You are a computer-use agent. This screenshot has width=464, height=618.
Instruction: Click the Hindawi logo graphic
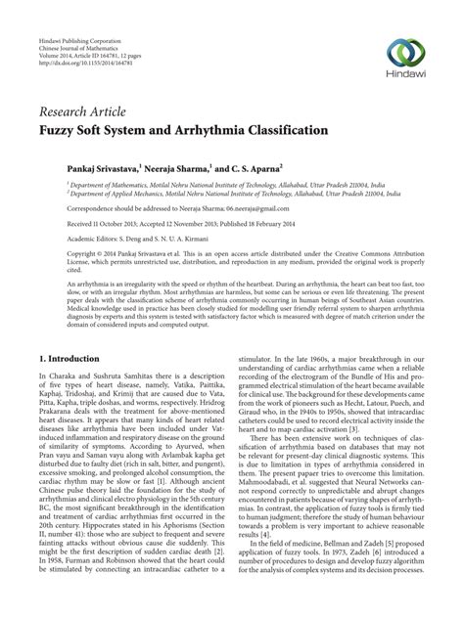point(405,51)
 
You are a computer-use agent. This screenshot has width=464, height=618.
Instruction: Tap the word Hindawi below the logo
point(406,75)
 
